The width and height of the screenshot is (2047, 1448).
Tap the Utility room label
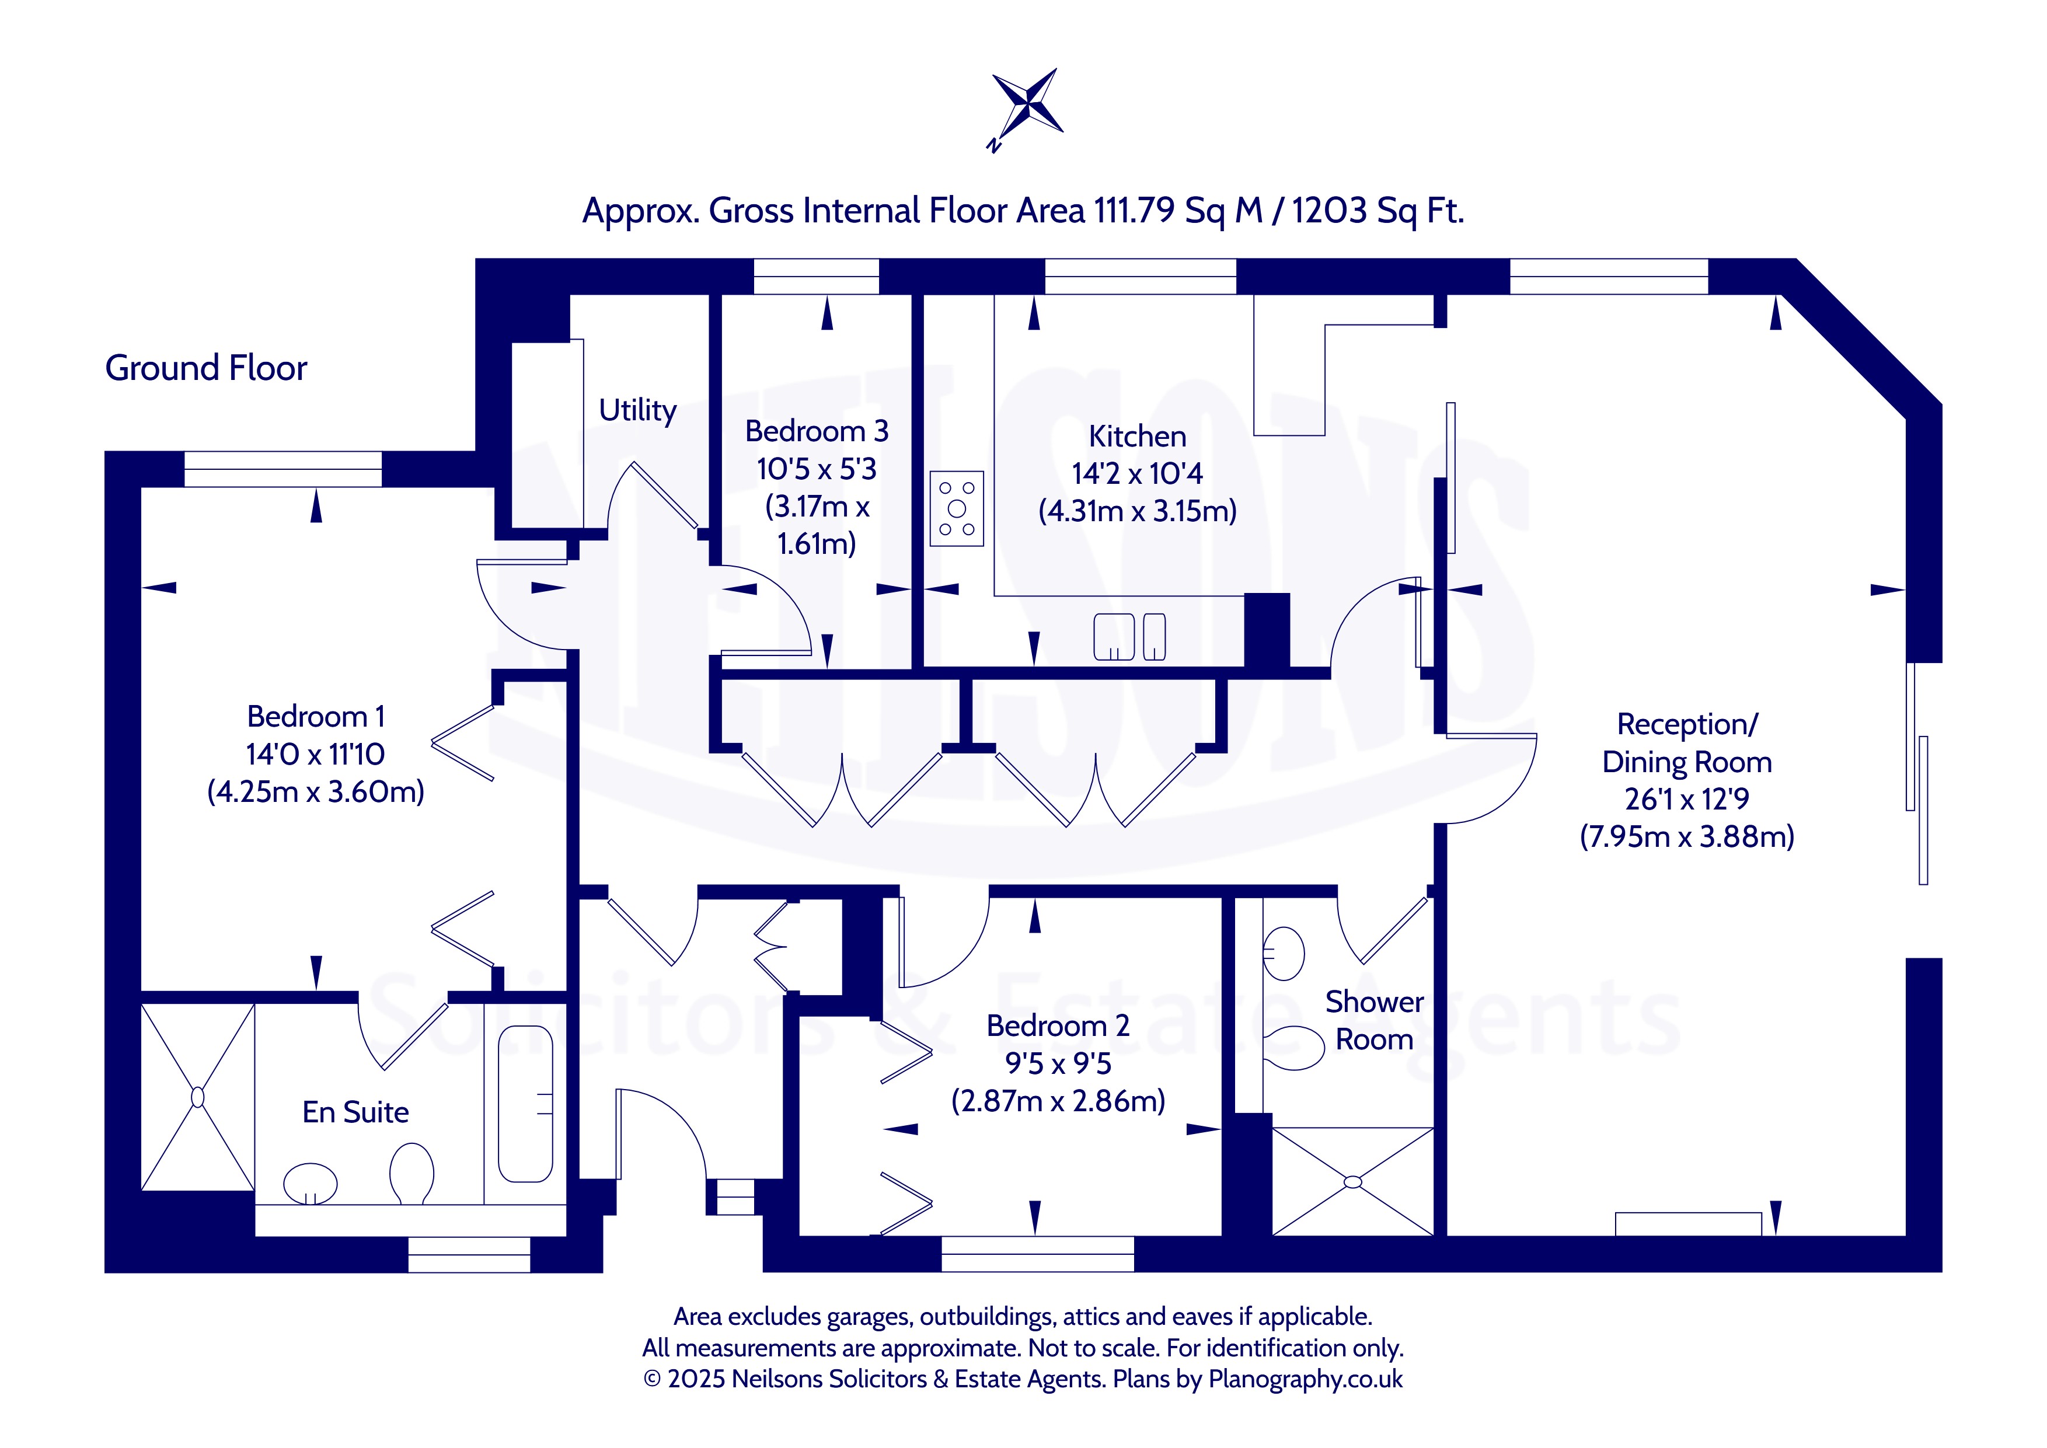[x=637, y=410]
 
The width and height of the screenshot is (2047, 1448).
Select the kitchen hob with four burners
[x=957, y=508]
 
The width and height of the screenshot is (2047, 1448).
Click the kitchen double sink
[x=1129, y=637]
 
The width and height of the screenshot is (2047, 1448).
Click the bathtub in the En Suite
[x=525, y=1104]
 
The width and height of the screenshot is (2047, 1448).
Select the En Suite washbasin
[x=311, y=1183]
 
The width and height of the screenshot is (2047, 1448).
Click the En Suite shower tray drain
[x=198, y=1097]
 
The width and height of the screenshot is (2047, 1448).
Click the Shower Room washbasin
[x=1284, y=954]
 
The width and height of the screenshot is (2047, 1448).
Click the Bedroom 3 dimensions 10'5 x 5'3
[x=817, y=469]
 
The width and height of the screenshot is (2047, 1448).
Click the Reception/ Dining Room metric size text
[x=1687, y=836]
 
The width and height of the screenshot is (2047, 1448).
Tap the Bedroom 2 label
[x=1058, y=1025]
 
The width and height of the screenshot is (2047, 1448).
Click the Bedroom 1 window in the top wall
[x=284, y=469]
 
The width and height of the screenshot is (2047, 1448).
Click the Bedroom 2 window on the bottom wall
[x=1038, y=1254]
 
